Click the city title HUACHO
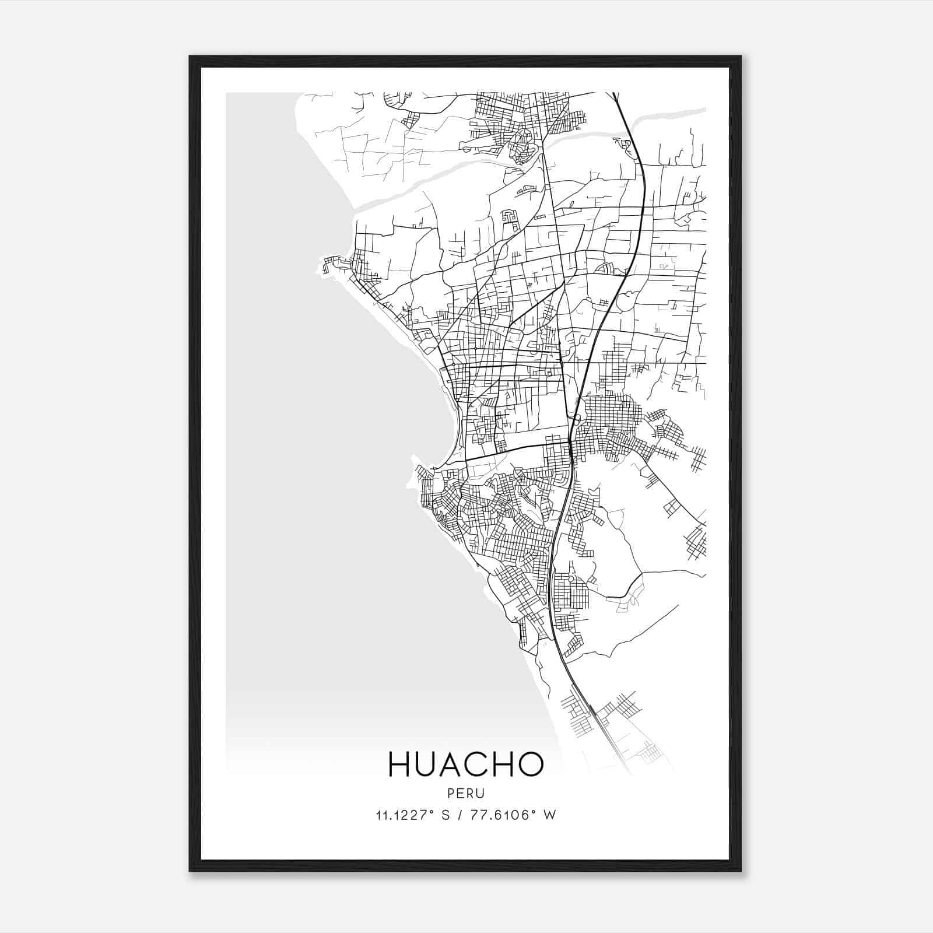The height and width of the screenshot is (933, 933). point(466,764)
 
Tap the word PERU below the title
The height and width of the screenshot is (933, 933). point(466,794)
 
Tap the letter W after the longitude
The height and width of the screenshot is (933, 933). point(549,815)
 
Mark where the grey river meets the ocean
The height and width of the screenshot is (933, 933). point(357,207)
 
